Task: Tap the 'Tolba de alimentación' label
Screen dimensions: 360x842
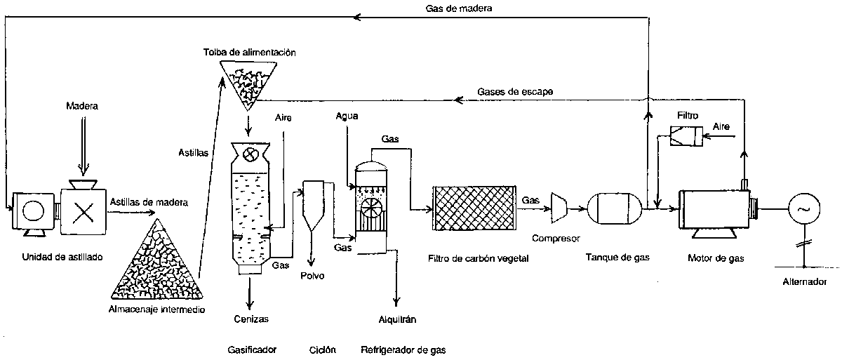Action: click(x=246, y=53)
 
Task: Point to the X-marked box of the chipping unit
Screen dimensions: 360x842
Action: click(x=83, y=211)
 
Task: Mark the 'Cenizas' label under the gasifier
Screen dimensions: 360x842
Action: click(x=250, y=319)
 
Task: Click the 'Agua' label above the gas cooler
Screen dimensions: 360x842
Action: click(x=348, y=116)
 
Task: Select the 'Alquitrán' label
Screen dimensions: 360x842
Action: click(x=399, y=319)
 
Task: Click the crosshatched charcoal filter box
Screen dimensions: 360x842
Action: click(x=476, y=208)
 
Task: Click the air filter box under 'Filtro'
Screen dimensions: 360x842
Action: click(x=686, y=137)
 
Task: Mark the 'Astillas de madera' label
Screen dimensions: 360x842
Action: click(x=149, y=203)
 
